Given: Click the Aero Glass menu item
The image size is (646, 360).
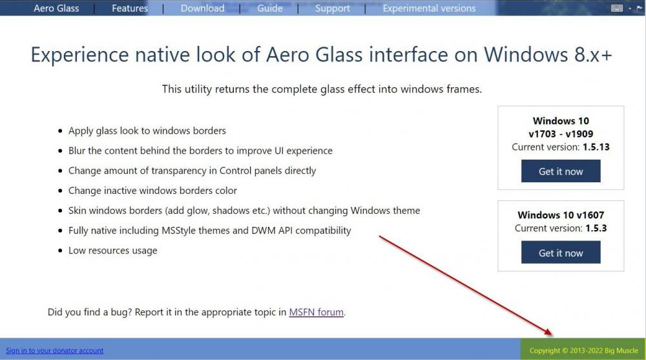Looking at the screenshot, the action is pos(56,8).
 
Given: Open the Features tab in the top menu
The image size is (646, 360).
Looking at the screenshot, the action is pos(130,8).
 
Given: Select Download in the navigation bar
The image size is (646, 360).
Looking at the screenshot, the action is pos(203,8).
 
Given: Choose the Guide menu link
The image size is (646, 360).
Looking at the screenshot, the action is pos(270,8).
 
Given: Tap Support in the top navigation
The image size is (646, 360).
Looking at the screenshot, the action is pos(333,8).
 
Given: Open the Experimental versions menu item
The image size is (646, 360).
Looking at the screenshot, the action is pos(429,8).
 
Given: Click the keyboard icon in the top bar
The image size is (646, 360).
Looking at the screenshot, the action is pos(617,8).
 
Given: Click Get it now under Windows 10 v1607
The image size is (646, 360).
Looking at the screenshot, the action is pos(561,252).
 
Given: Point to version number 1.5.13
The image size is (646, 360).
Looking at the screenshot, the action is pos(596,147).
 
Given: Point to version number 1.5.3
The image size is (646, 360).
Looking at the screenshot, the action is pos(594,228).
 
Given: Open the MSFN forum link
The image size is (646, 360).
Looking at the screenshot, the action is pos(316,312).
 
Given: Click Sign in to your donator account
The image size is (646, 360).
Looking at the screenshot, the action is pos(54,350).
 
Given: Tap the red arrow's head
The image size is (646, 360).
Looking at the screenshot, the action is pos(549,332).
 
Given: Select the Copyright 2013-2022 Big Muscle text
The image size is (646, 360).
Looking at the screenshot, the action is pos(584,350).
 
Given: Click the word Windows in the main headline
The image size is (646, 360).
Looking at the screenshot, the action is pos(526,54).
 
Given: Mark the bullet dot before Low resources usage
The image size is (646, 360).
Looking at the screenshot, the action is pos(60,251).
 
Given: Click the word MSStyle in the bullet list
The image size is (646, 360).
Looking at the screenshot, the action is pos(179,231).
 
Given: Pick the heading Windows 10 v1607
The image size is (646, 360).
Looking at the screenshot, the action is pos(561,215).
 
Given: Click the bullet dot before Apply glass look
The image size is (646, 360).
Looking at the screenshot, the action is pos(60,131).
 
